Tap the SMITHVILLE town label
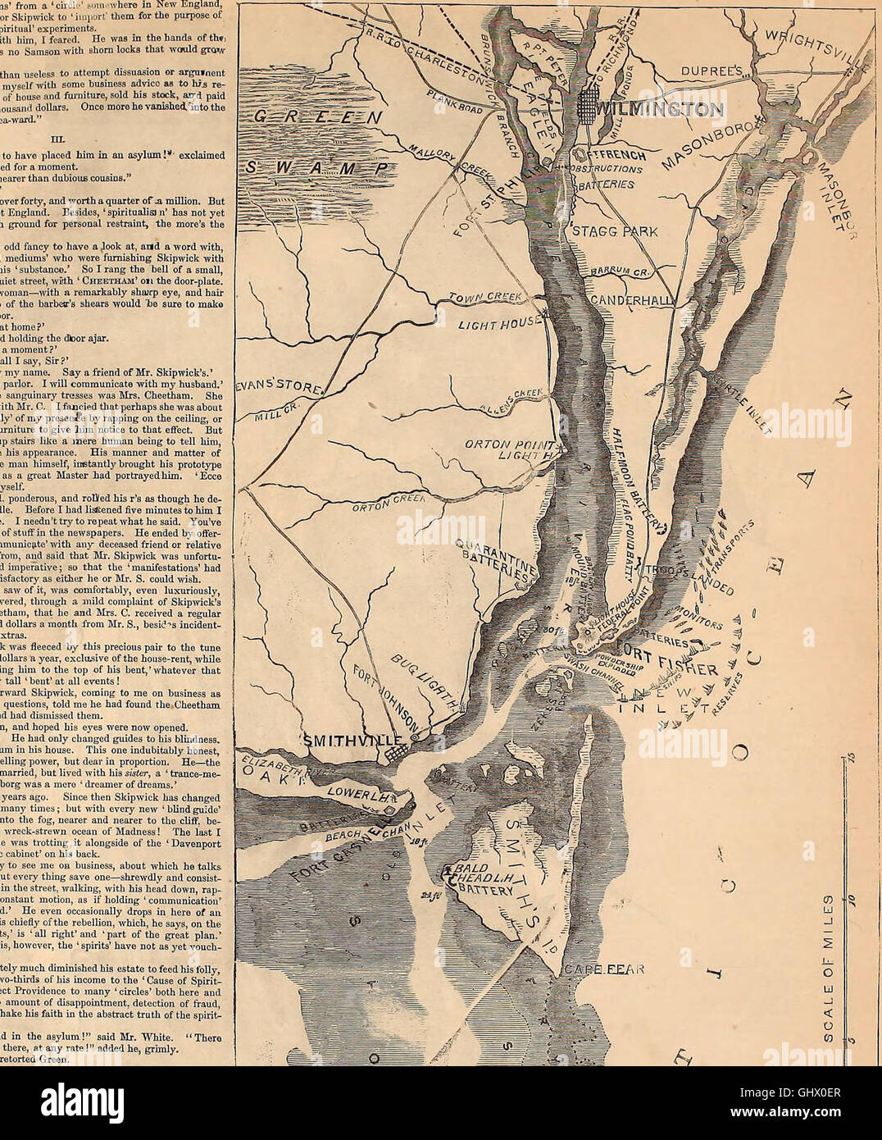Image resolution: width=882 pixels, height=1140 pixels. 348,741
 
